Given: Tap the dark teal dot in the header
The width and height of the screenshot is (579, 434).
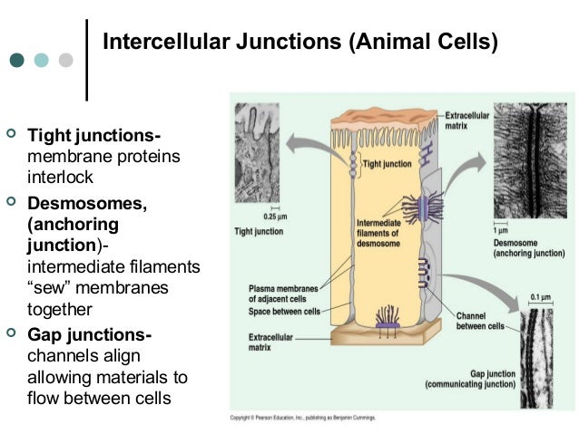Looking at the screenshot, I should pyautogui.click(x=17, y=61).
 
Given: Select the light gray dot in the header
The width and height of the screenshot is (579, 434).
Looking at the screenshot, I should pyautogui.click(x=65, y=61).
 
